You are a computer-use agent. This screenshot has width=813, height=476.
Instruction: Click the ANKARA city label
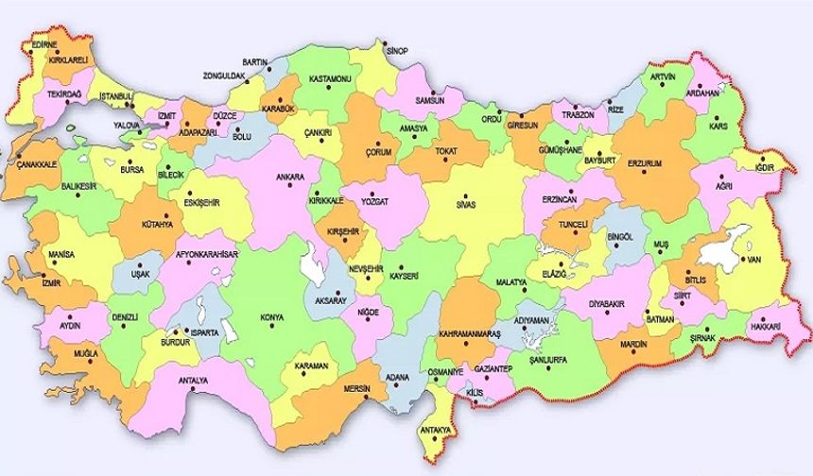point(289,177)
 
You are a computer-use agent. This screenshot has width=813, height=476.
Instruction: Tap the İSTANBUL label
point(117,96)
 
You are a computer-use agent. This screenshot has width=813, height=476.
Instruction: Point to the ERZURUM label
point(644,162)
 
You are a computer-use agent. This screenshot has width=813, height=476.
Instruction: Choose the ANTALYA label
point(193,381)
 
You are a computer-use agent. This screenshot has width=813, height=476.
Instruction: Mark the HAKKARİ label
point(767,326)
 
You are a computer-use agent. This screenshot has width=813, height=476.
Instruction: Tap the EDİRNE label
point(44,43)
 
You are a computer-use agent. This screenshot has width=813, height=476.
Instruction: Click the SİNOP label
point(395,51)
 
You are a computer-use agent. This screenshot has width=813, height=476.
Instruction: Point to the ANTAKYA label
point(437,432)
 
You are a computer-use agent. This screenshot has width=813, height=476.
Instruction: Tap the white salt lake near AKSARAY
point(313,265)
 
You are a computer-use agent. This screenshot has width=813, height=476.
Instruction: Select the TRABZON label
point(578,114)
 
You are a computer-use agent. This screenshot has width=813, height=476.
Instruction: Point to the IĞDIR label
point(765,168)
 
